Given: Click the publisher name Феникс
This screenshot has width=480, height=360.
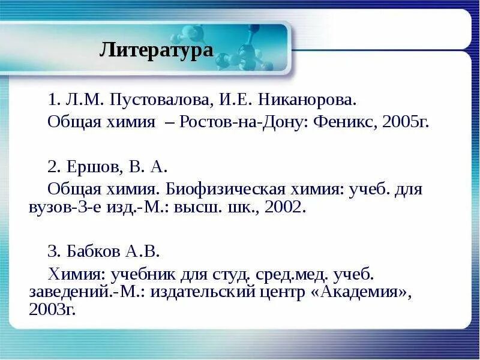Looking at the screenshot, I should [343, 123].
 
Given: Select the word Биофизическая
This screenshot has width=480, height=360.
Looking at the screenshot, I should [224, 190].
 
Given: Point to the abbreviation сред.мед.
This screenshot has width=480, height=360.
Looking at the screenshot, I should [289, 275].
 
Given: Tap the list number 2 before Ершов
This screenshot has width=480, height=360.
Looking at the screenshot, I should [52, 166].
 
